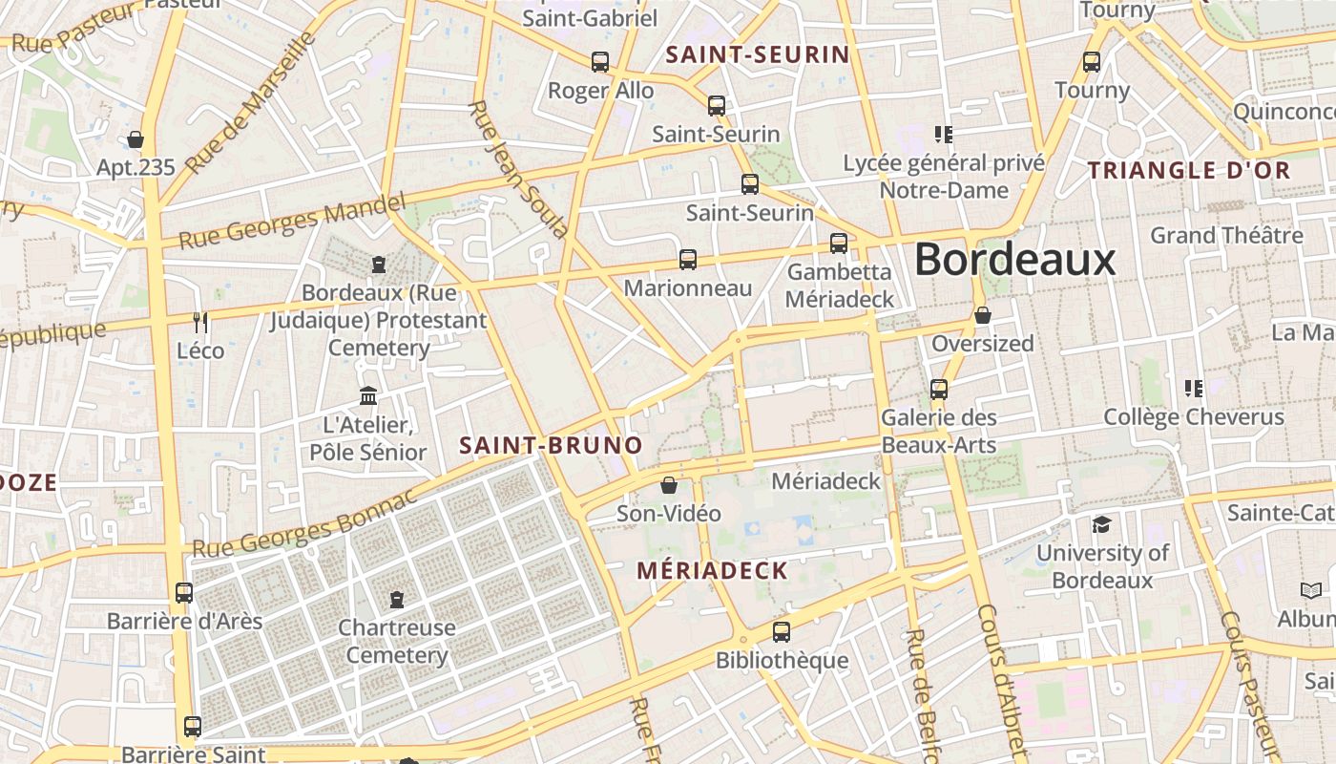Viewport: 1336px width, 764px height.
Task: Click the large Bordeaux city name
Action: [x=1014, y=260]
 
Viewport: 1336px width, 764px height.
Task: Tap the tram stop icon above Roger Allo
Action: [x=600, y=62]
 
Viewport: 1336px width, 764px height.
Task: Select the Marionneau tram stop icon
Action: [x=687, y=259]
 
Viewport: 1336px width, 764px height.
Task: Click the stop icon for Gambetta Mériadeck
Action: [x=839, y=244]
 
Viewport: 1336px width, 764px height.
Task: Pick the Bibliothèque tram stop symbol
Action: [x=782, y=632]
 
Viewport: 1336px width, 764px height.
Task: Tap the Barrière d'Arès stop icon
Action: [x=184, y=593]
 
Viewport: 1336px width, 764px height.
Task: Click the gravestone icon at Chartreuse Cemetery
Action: [x=397, y=600]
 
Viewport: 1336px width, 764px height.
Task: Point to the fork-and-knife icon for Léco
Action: [x=200, y=322]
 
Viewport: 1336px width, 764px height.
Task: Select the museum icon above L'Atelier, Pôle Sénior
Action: [x=368, y=395]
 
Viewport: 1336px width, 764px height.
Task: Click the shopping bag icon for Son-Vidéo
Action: [x=669, y=485]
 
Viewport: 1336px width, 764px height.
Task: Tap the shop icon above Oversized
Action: [x=982, y=315]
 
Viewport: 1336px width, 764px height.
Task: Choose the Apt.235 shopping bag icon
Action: [x=136, y=139]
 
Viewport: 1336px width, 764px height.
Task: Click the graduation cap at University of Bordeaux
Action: [x=1102, y=524]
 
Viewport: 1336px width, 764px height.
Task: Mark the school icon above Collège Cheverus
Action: [x=1193, y=388]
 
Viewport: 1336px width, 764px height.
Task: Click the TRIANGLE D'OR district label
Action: [x=1189, y=171]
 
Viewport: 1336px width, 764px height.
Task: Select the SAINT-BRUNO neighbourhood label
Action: [x=551, y=446]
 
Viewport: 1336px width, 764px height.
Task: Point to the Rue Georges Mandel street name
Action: [x=292, y=221]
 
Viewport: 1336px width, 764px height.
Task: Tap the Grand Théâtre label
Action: [x=1225, y=235]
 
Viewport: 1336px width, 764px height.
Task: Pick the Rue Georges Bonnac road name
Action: [x=305, y=524]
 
